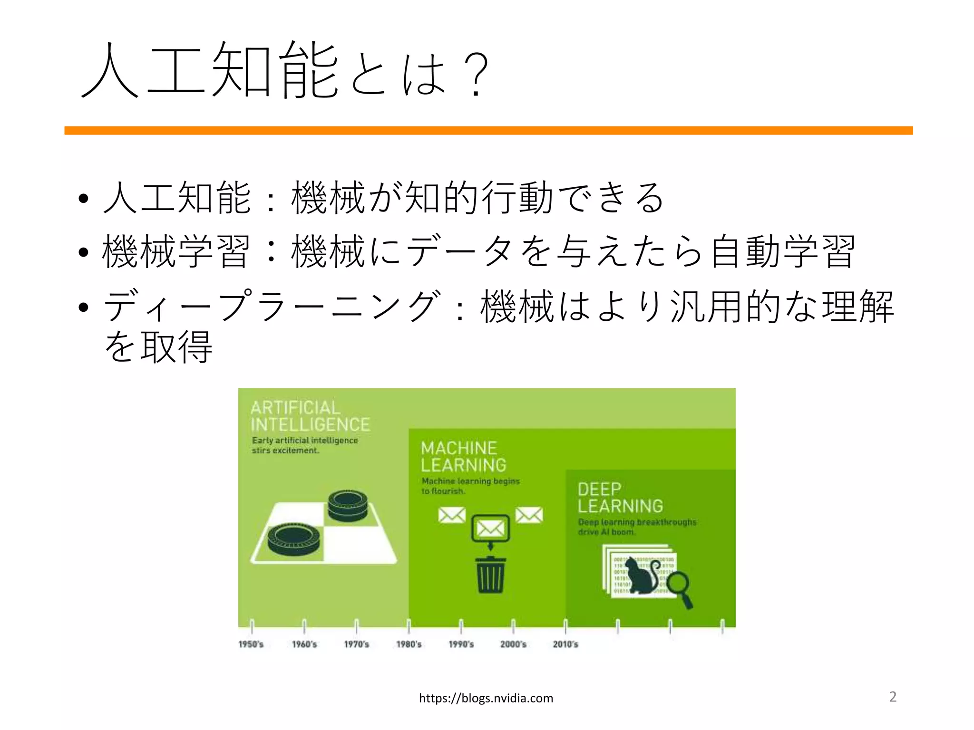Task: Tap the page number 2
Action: coord(893,696)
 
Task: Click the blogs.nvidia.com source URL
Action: coord(486,698)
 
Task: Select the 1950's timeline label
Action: coord(251,644)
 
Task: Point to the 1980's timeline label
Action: coord(409,644)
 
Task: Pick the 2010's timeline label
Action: coord(565,644)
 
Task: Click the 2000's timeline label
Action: coord(513,644)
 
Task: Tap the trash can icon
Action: coord(490,575)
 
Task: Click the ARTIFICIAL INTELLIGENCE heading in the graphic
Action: coord(310,416)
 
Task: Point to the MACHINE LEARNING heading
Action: coord(463,456)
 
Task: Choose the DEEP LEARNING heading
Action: coord(620,498)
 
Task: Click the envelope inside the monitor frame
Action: coord(490,528)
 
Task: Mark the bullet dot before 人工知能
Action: coord(84,199)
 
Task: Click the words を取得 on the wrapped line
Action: coord(158,347)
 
